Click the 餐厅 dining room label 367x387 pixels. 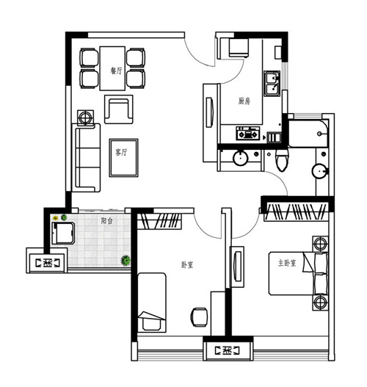(x=116, y=70)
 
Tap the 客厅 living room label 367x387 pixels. (x=121, y=152)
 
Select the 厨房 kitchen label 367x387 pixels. (x=244, y=101)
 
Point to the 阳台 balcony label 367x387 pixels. (x=106, y=220)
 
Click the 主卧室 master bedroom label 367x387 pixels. (x=287, y=263)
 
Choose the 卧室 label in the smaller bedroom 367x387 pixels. (x=187, y=265)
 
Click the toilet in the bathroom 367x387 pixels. (x=282, y=159)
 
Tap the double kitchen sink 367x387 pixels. (x=272, y=84)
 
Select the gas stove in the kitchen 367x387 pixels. (x=248, y=133)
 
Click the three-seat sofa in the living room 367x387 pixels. (x=86, y=158)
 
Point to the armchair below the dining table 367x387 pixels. (x=119, y=109)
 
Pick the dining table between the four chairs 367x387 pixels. (x=112, y=68)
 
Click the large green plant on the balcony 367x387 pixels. (x=126, y=260)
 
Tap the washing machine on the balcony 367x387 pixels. (x=63, y=233)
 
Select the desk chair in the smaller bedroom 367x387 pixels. (x=199, y=317)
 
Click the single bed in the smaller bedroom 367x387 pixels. (x=152, y=303)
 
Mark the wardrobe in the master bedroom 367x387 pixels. (x=297, y=211)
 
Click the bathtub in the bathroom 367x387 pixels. (x=308, y=134)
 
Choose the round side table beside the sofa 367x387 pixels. (x=85, y=117)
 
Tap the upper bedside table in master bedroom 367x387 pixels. (x=320, y=244)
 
